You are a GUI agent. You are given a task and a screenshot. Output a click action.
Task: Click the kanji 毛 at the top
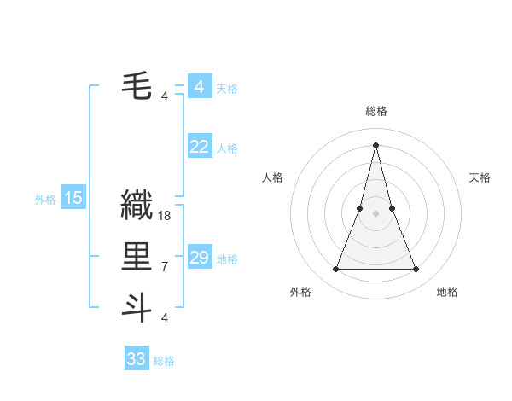tap(137, 86)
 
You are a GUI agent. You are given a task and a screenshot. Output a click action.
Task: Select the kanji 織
tap(137, 206)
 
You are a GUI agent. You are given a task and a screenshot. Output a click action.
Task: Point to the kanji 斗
tap(137, 308)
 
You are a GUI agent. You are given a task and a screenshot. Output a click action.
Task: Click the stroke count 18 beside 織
tap(165, 216)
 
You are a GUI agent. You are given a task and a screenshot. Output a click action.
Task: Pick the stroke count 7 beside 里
tap(164, 267)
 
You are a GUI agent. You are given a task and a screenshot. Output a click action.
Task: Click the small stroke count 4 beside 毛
tap(164, 96)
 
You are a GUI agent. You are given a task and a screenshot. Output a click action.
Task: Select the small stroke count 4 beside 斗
tap(164, 318)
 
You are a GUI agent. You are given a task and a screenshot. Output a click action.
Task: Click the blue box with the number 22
tap(199, 147)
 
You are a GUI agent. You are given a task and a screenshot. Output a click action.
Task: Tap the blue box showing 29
tap(199, 258)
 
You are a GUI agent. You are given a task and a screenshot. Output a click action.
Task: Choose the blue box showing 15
tap(73, 199)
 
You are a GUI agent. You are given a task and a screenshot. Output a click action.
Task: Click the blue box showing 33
tap(137, 359)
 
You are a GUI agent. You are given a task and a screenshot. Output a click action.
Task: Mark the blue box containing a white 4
tap(199, 87)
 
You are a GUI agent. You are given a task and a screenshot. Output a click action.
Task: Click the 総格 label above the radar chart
tap(375, 111)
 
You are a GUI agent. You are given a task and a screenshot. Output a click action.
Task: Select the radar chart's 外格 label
tap(300, 292)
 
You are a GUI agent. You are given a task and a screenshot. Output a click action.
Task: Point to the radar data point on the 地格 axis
tap(416, 270)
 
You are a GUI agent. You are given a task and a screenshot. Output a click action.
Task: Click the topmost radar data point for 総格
tap(375, 143)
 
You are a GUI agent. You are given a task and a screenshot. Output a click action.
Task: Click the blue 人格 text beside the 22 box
tap(227, 148)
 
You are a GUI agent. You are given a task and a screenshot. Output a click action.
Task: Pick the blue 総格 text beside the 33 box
tap(164, 361)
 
